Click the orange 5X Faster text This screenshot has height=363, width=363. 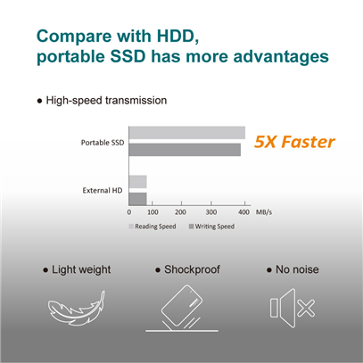point(294,142)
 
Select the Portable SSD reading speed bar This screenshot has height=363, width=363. point(187,133)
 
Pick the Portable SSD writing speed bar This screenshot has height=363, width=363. point(185,150)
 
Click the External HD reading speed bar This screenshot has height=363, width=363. point(137,182)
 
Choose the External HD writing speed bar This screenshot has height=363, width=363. point(137,199)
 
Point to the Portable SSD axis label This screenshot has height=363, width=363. point(103,143)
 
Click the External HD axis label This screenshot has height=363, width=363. point(103,191)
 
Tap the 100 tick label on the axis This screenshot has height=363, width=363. point(153,212)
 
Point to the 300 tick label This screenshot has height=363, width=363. point(211,212)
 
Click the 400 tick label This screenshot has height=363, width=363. point(244,212)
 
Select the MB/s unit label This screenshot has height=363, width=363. point(264,212)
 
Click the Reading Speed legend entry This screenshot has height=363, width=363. point(153,227)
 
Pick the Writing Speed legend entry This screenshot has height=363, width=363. point(211,227)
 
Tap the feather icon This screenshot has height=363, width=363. point(77,308)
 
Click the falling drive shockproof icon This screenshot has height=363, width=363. point(182,308)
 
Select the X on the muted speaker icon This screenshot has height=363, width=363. point(306,309)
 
